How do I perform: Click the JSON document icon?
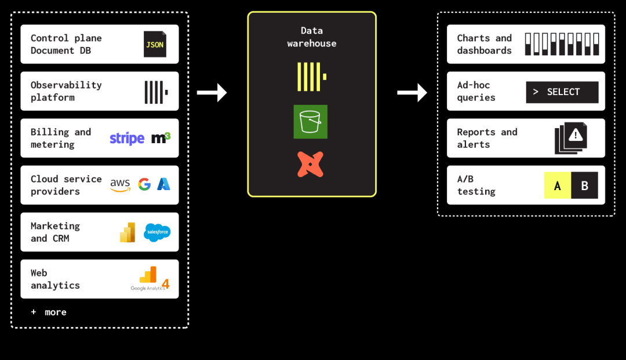pyautogui.click(x=155, y=44)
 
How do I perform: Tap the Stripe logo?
pyautogui.click(x=127, y=139)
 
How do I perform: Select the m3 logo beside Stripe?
pyautogui.click(x=161, y=138)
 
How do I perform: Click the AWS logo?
pyautogui.click(x=120, y=185)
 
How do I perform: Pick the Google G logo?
pyautogui.click(x=144, y=184)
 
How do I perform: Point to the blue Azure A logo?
pyautogui.click(x=163, y=184)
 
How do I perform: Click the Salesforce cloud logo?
pyautogui.click(x=157, y=232)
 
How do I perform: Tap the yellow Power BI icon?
pyautogui.click(x=128, y=232)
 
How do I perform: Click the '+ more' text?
pyautogui.click(x=49, y=312)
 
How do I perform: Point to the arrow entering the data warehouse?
pyautogui.click(x=212, y=93)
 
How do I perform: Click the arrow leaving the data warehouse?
pyautogui.click(x=412, y=93)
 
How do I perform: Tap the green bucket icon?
pyautogui.click(x=311, y=122)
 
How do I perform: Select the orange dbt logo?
pyautogui.click(x=310, y=164)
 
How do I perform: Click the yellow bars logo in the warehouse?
pyautogui.click(x=312, y=77)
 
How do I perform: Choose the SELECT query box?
pyautogui.click(x=562, y=92)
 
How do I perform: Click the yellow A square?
pyautogui.click(x=558, y=185)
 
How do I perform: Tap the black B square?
pyautogui.click(x=584, y=185)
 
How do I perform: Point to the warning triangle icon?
pyautogui.click(x=576, y=135)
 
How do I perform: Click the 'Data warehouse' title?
pyautogui.click(x=312, y=37)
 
